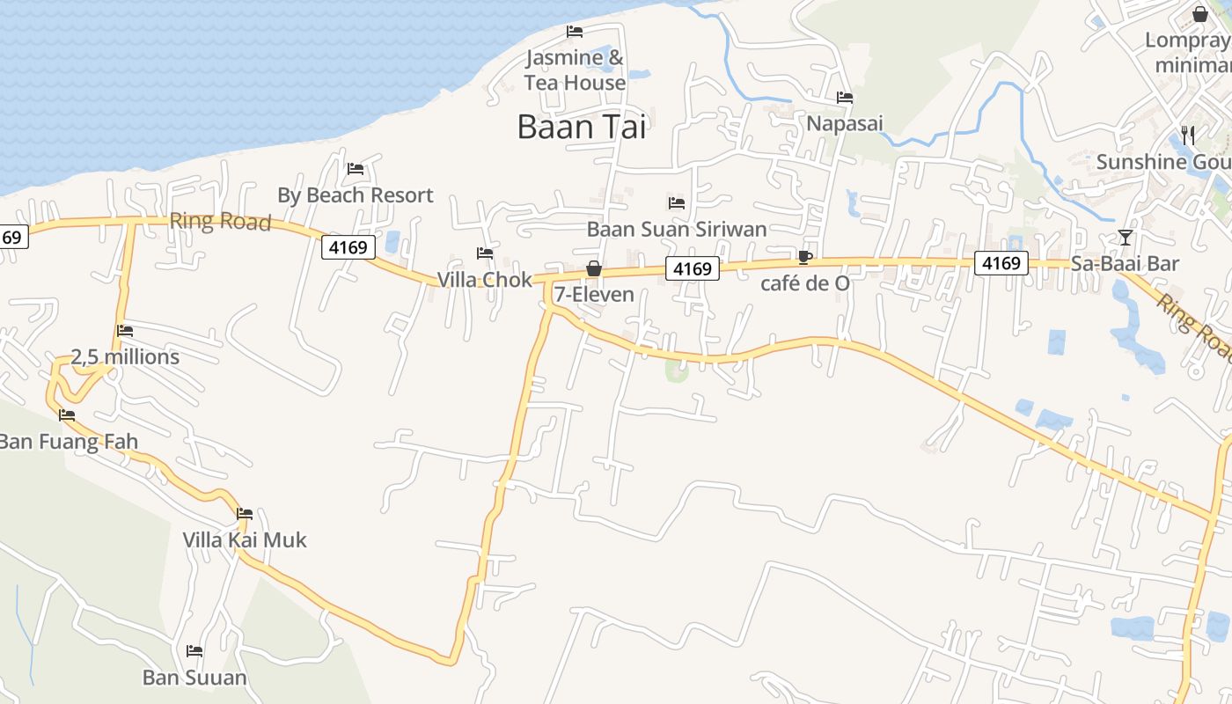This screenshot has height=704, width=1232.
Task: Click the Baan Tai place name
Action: pyautogui.click(x=582, y=127)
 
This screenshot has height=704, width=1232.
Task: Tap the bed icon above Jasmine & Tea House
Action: pyautogui.click(x=575, y=32)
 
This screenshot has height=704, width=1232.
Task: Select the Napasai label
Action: pyautogui.click(x=845, y=123)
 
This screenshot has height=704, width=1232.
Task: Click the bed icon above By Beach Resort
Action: pyautogui.click(x=356, y=169)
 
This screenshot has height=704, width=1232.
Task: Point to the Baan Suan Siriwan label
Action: pyautogui.click(x=677, y=229)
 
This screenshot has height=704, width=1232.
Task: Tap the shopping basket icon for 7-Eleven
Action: pyautogui.click(x=594, y=268)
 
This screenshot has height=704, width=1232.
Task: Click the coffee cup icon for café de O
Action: pyautogui.click(x=804, y=257)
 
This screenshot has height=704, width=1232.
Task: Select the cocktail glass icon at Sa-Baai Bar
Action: pyautogui.click(x=1126, y=238)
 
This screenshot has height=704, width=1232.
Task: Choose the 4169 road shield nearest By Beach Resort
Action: pyautogui.click(x=348, y=247)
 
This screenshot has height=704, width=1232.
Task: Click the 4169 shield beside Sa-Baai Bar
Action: pyautogui.click(x=1001, y=262)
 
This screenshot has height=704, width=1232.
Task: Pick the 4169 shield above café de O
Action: pyautogui.click(x=693, y=268)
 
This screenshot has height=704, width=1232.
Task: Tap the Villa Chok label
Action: pyautogui.click(x=485, y=280)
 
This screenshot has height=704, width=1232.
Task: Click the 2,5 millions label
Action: pyautogui.click(x=125, y=356)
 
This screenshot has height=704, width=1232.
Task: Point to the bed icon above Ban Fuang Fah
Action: pyautogui.click(x=67, y=415)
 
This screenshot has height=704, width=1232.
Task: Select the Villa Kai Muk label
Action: pyautogui.click(x=245, y=539)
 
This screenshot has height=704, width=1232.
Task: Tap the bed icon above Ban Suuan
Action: pyautogui.click(x=194, y=651)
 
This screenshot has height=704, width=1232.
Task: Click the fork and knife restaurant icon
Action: pyautogui.click(x=1188, y=135)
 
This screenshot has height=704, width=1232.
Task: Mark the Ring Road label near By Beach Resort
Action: pyautogui.click(x=220, y=221)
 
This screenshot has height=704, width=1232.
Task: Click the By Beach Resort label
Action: pyautogui.click(x=356, y=195)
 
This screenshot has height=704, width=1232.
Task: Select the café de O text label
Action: pyautogui.click(x=805, y=283)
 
